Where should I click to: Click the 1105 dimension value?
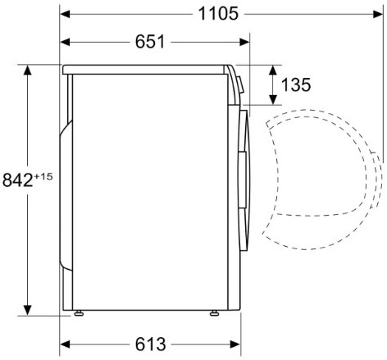[x=218, y=14]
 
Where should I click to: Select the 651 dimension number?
[x=150, y=42]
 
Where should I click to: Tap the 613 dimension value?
[x=150, y=344]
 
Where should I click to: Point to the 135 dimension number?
[x=296, y=84]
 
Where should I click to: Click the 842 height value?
[x=17, y=180]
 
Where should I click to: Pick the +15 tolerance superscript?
[x=43, y=176]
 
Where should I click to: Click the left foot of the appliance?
[x=79, y=313]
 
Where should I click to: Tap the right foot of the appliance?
[x=214, y=313]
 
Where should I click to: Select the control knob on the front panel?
[x=240, y=84]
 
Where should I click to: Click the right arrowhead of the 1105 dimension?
[x=378, y=14]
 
